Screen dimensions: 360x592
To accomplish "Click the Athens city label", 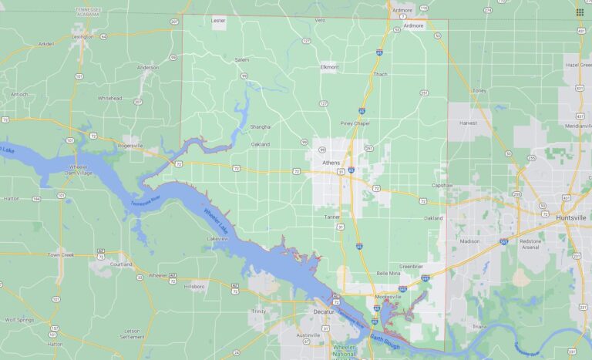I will coord(331,163).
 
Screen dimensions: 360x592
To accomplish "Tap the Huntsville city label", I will coord(570,218).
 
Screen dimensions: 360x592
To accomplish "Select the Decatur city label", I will coord(323,311).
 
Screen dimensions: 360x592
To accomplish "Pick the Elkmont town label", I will coord(329,67).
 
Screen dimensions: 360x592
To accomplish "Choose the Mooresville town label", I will coord(388,297).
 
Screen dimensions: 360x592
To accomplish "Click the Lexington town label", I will coord(82,36).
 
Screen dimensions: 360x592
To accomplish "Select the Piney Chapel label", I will coord(355,123).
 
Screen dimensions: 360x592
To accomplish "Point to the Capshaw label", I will coord(442,185).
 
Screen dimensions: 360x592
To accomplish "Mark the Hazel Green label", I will coord(577,66).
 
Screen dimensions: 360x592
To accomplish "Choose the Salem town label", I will coord(242,59).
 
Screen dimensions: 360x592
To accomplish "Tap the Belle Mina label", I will coord(388,274).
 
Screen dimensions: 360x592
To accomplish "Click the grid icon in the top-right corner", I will coord(580,12).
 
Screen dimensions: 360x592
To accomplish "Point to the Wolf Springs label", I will coord(21,319).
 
